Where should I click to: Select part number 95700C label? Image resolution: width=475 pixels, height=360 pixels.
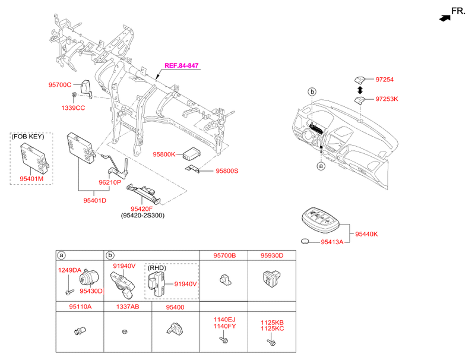tap(59, 85)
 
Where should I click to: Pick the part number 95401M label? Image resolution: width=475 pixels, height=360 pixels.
tap(31, 177)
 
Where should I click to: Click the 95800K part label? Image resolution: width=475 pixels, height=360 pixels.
tap(164, 154)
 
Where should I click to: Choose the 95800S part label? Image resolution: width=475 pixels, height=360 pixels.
tap(226, 170)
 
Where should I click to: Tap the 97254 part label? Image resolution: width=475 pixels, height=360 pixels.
tap(384, 79)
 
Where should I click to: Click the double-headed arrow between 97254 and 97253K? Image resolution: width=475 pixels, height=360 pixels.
tap(359, 89)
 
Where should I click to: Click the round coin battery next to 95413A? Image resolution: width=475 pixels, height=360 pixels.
tap(306, 242)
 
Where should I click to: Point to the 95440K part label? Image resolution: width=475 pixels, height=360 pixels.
tap(366, 233)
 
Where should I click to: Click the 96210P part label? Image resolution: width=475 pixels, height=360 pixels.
tap(110, 182)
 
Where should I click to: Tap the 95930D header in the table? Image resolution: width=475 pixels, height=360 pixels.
tap(271, 255)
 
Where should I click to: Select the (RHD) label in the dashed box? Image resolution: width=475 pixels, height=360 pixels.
tap(157, 268)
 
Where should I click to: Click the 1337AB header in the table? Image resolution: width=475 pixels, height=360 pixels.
tap(128, 307)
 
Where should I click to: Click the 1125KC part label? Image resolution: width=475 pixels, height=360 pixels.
tap(272, 328)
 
